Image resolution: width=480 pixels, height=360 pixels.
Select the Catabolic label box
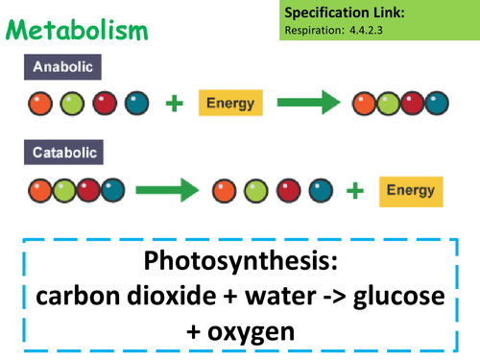(65, 153)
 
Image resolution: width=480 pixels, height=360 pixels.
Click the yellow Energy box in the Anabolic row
(231, 102)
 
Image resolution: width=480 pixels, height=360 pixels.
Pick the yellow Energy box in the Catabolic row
(410, 189)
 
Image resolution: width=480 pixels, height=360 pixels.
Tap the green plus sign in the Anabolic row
(175, 103)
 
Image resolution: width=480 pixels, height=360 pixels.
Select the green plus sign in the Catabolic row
(355, 190)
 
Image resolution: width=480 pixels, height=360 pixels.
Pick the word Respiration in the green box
(317, 31)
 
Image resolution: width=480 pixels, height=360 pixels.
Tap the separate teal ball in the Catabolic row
(319, 190)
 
